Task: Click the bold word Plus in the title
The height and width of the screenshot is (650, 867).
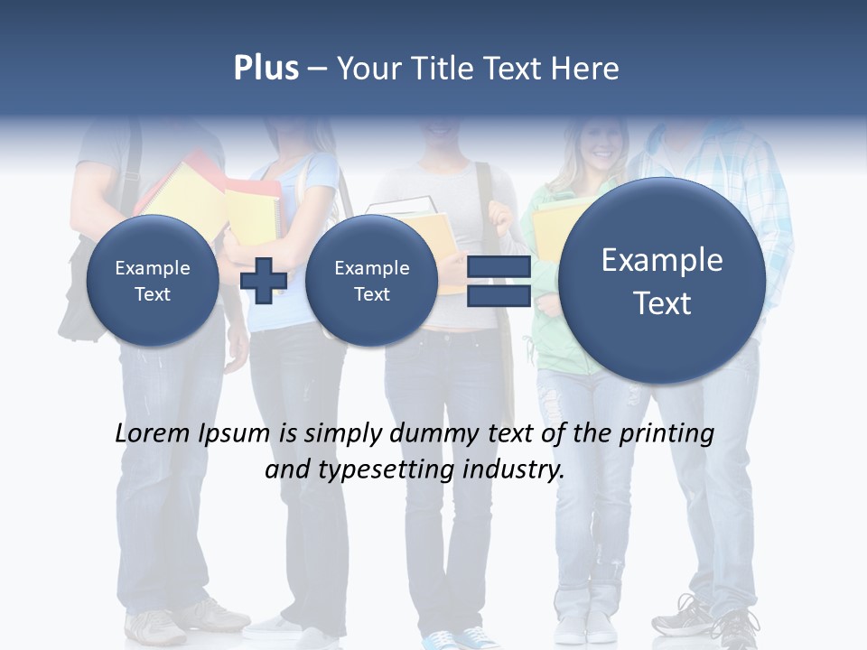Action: (x=266, y=69)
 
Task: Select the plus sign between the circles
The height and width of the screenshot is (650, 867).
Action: (x=264, y=280)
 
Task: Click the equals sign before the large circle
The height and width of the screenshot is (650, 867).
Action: (x=499, y=281)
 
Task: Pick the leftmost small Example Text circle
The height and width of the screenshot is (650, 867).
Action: (x=153, y=280)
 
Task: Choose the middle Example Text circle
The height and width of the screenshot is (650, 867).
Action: (x=371, y=280)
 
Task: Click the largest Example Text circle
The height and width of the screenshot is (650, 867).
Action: (x=662, y=281)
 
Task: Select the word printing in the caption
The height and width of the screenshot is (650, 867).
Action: (x=667, y=434)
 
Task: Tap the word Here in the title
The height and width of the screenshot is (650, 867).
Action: (x=586, y=69)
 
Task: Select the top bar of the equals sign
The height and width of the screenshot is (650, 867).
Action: (x=499, y=267)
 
